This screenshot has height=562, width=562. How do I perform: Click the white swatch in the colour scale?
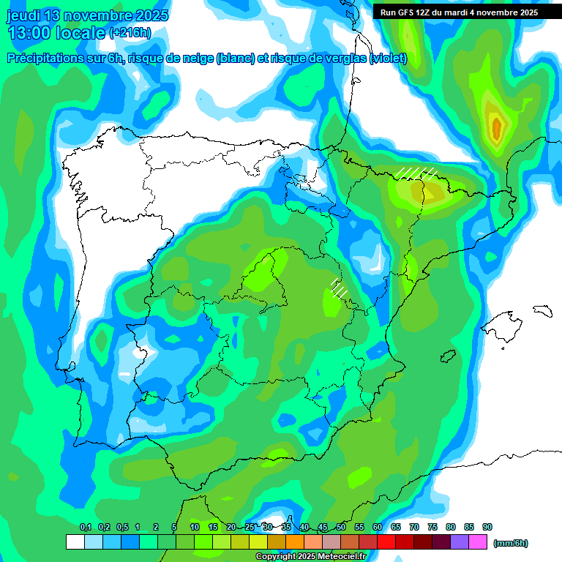click(x=75, y=542)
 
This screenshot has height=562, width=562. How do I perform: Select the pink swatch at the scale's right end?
click(x=478, y=542)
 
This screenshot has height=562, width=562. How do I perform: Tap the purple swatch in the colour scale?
click(x=460, y=542)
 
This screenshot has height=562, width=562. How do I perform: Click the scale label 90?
click(x=487, y=527)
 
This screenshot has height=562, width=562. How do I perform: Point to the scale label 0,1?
click(x=86, y=527)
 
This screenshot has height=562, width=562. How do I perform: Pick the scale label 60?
click(x=378, y=527)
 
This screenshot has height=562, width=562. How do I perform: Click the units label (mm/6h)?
click(x=511, y=543)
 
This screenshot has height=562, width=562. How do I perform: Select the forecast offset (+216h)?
click(x=130, y=33)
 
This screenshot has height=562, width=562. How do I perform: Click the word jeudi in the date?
click(x=25, y=15)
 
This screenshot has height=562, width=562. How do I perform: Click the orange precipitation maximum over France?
click(x=497, y=129)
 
